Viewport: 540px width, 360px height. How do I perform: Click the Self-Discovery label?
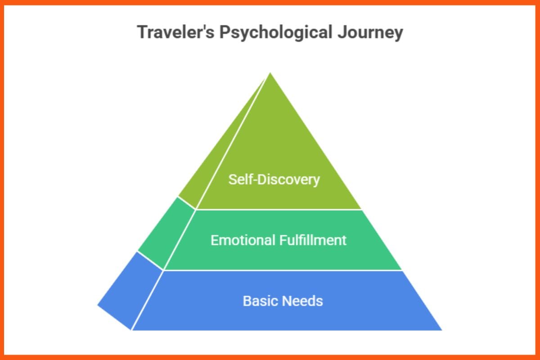[x=274, y=180]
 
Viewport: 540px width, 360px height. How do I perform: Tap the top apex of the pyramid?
[x=270, y=73]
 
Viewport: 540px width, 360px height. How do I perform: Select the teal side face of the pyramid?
[x=166, y=232]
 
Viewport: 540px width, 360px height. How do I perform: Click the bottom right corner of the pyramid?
[x=441, y=330]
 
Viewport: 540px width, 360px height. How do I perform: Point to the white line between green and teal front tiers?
[x=279, y=210]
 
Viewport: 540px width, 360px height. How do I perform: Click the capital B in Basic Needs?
[x=247, y=301]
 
